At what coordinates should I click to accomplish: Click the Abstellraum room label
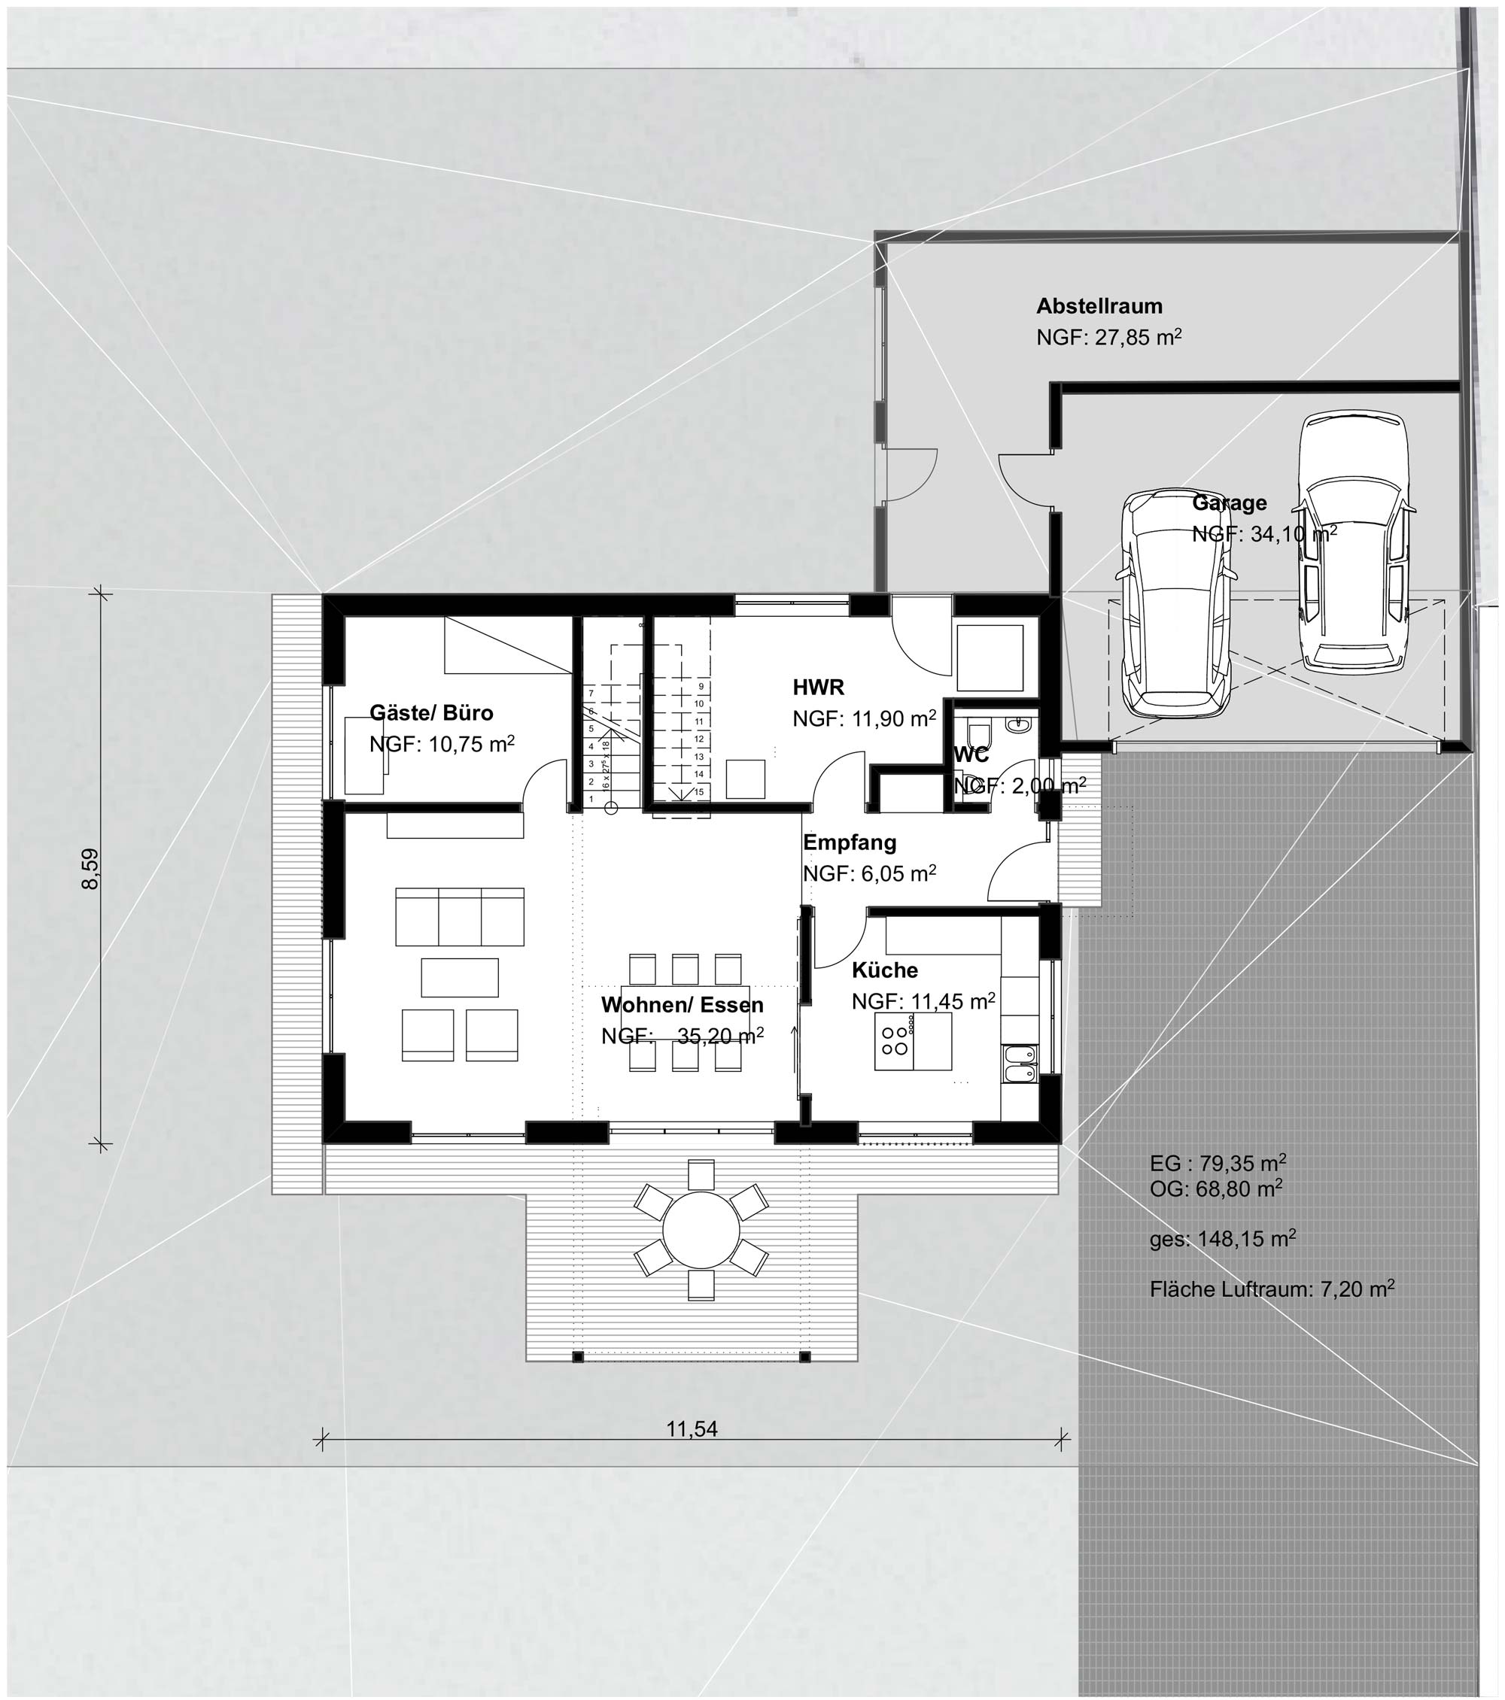1099,306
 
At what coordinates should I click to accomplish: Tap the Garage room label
1229,502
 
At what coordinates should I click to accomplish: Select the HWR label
818,687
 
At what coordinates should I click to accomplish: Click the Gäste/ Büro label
431,713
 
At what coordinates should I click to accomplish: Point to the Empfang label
850,842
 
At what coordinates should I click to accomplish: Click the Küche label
884,970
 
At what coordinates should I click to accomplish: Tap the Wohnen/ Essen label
683,1005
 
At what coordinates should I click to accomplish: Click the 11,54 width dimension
692,1429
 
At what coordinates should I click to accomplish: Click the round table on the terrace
701,1229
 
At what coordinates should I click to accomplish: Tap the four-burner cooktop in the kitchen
895,1041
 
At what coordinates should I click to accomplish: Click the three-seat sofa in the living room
460,916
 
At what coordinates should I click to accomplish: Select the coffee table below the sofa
460,977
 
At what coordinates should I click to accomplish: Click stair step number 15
699,792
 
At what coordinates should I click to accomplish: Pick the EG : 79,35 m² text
1218,1162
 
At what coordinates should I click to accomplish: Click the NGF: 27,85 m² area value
1109,337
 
